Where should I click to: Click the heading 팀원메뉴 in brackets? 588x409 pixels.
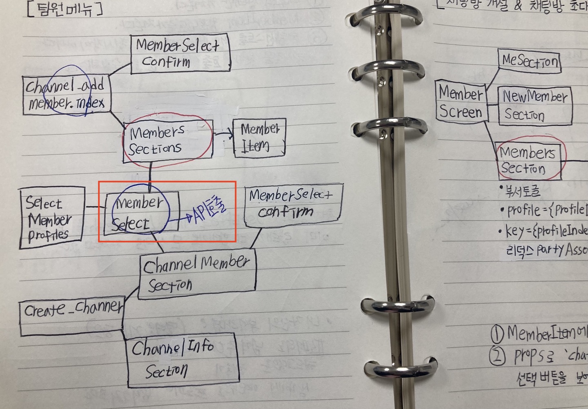click(x=65, y=9)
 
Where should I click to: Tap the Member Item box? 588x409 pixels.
click(x=259, y=138)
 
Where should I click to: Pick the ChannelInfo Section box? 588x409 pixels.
click(x=183, y=360)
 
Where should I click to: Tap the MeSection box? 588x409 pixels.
click(x=529, y=61)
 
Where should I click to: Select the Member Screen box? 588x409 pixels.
click(x=461, y=102)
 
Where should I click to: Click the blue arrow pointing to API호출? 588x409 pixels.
click(x=180, y=219)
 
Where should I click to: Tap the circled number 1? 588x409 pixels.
click(x=497, y=335)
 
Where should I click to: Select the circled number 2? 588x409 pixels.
click(x=497, y=356)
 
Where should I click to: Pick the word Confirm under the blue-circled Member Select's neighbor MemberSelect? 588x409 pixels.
click(x=285, y=211)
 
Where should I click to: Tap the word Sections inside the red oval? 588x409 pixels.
click(x=155, y=149)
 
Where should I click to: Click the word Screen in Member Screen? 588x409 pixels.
click(x=461, y=112)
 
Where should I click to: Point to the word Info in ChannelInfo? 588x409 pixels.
click(x=201, y=347)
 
